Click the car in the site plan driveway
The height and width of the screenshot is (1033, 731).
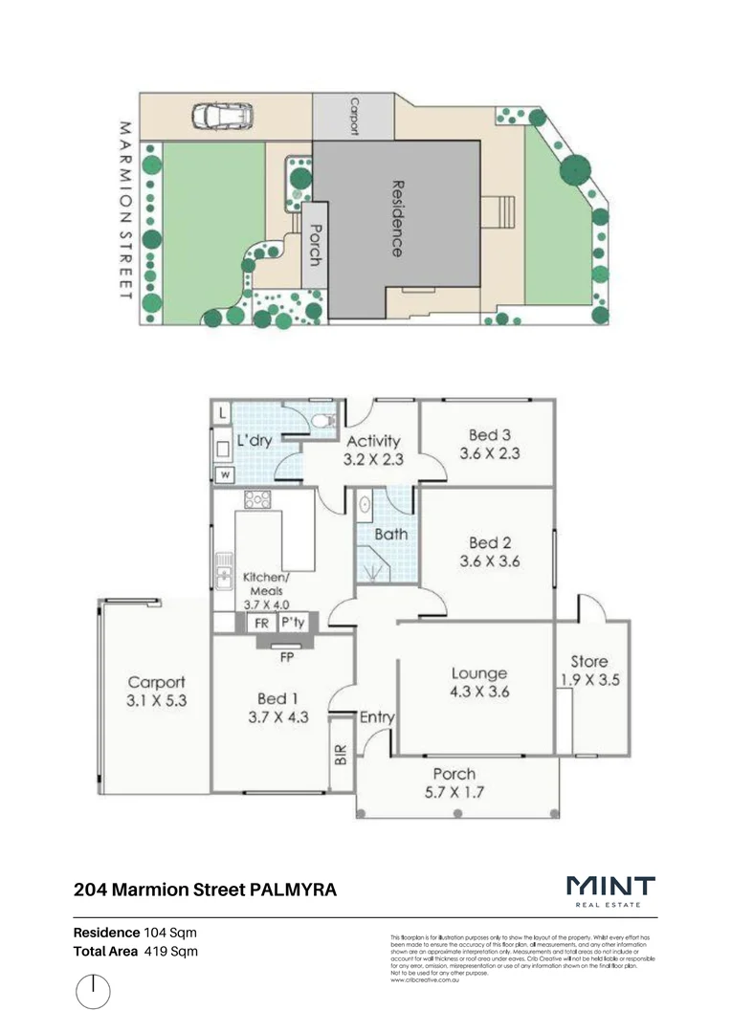(x=221, y=117)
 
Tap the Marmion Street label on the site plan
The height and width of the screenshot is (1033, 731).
(x=123, y=209)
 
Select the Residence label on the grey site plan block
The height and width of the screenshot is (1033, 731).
(x=396, y=218)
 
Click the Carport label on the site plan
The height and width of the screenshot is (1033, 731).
(x=354, y=116)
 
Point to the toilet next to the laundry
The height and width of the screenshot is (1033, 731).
(x=322, y=420)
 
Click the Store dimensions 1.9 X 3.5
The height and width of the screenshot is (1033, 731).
(x=589, y=681)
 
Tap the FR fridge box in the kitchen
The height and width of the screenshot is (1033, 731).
(x=259, y=624)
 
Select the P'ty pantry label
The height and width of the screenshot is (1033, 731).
(x=292, y=624)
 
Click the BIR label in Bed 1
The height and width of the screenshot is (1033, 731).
(x=342, y=756)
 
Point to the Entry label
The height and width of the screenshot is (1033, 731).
(x=378, y=717)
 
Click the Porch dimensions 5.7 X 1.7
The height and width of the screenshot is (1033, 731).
(x=454, y=792)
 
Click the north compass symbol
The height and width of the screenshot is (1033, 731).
(x=93, y=991)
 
